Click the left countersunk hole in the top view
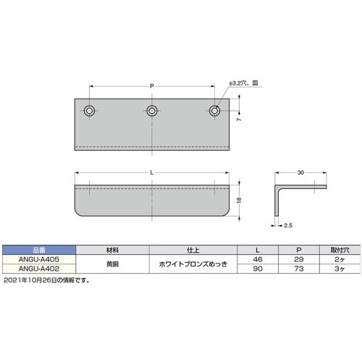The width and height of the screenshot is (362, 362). tap(89, 111)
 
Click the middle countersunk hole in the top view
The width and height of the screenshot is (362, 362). tap(152, 111)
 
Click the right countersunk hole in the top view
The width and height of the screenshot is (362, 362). tap(214, 111)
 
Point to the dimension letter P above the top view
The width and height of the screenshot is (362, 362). tap(152, 86)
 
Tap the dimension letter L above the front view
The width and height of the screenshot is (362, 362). tap(152, 172)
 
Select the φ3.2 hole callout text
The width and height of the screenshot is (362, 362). tap(243, 83)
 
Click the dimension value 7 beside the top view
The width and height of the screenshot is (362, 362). tap(239, 119)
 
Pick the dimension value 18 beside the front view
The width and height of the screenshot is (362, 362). tap(239, 200)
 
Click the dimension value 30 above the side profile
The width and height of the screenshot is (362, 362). tap(300, 172)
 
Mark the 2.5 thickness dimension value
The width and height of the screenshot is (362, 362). tap(288, 225)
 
